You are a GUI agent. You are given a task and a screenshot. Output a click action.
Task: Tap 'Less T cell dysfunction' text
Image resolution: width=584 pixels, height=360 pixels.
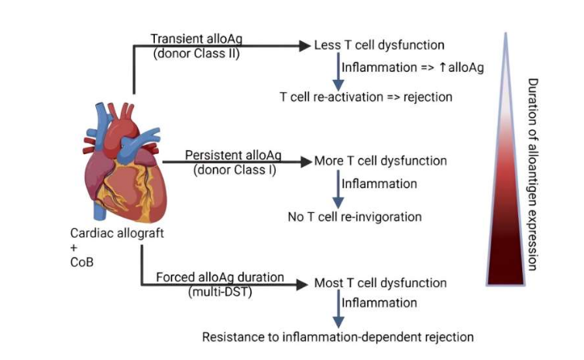pos(379,45)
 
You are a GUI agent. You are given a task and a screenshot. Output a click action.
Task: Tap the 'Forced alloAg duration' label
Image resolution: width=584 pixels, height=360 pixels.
pos(220,276)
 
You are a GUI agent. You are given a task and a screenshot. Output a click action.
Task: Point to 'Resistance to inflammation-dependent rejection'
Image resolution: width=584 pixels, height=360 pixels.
pos(338,337)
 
